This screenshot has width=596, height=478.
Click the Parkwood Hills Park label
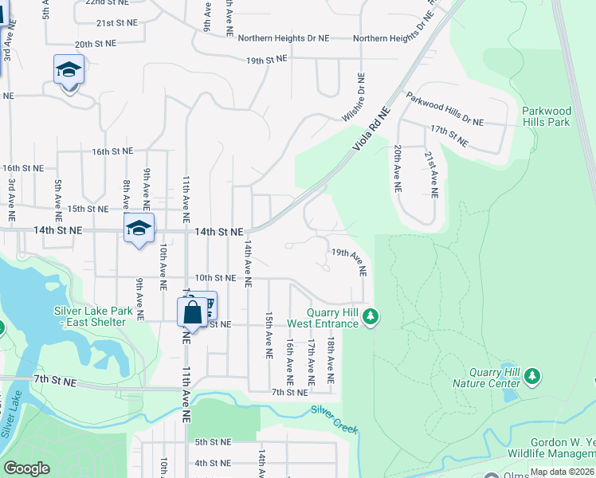click(546, 116)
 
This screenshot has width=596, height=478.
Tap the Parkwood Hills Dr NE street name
click(445, 110)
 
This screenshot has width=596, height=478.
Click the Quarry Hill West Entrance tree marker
click(370, 318)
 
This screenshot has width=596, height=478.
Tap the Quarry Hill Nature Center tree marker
click(532, 375)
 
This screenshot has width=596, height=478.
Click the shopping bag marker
click(192, 312)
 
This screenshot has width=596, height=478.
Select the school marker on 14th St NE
click(139, 229)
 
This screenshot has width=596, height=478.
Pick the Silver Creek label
click(334, 419)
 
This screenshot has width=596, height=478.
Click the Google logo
click(26, 468)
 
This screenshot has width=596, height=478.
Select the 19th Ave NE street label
click(349, 261)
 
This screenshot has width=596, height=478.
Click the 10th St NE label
click(216, 278)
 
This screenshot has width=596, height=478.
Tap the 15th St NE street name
click(87, 209)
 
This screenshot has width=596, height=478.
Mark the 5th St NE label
click(213, 442)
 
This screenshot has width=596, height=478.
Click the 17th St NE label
click(449, 135)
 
